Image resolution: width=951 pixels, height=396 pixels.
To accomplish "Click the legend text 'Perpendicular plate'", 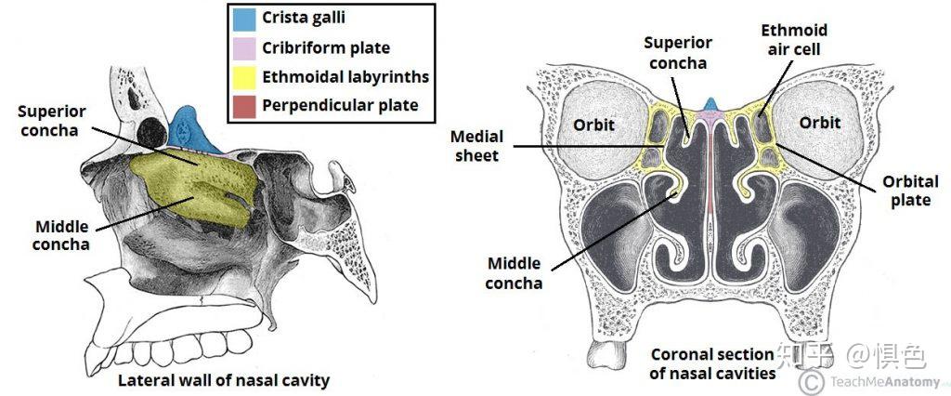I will pyautogui.click(x=340, y=105).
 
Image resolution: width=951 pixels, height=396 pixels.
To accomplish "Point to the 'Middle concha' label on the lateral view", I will pyautogui.click(x=62, y=235).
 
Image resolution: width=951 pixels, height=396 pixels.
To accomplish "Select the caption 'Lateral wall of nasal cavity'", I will pyautogui.click(x=223, y=380).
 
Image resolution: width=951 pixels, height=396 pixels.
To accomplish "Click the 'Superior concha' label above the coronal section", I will pyautogui.click(x=679, y=53).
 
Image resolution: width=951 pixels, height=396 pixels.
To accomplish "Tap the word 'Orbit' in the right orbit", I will pyautogui.click(x=820, y=123).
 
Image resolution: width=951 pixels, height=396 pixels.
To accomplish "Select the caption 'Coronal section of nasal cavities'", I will pyautogui.click(x=712, y=363).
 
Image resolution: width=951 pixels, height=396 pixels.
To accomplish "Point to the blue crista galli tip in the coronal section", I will pyautogui.click(x=710, y=104).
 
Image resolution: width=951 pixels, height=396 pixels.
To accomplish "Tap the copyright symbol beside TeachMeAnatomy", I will pyautogui.click(x=811, y=381).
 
